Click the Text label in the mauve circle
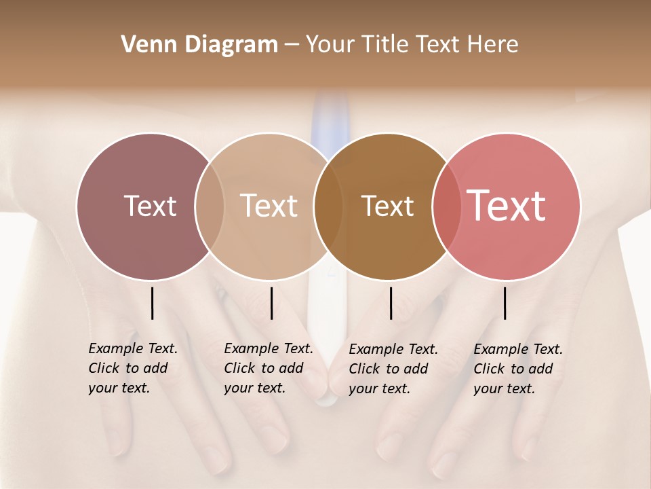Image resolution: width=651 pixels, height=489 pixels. tap(150, 206)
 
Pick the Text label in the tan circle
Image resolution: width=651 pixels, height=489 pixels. tap(269, 206)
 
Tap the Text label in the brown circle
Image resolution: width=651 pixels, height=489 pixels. tap(387, 206)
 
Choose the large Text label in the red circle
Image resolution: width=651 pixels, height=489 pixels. tap(507, 206)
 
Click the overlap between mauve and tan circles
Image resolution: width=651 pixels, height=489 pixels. tap(210, 206)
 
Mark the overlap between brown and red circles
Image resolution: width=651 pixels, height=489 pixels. tap(446, 206)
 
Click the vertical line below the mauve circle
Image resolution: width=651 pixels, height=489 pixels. tap(152, 303)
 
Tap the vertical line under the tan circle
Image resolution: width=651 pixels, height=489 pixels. tap(271, 303)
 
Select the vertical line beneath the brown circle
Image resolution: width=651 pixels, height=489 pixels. tap(391, 303)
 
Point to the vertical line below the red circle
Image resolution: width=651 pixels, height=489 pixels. tap(505, 303)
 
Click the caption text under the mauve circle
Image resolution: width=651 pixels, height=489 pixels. tap(133, 368)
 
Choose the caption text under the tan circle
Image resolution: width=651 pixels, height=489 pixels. tap(269, 368)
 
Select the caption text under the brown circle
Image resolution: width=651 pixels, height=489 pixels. tap(393, 369)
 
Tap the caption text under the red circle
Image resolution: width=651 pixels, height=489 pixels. tap(518, 369)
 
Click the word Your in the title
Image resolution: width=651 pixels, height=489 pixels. tap(330, 45)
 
